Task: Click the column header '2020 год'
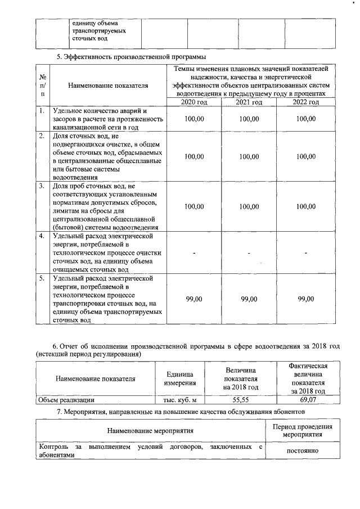(x=194, y=102)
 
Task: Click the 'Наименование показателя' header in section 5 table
(x=107, y=85)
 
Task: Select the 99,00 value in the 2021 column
(x=249, y=299)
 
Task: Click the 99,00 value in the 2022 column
(x=305, y=299)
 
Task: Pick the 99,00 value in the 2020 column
(x=194, y=299)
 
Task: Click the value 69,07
(x=308, y=400)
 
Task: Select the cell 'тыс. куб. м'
(x=179, y=400)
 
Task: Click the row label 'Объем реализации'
(x=65, y=400)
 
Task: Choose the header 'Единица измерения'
(x=179, y=379)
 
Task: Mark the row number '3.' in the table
(x=42, y=185)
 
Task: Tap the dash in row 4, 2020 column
(x=194, y=253)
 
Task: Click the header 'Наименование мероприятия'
(x=151, y=431)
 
